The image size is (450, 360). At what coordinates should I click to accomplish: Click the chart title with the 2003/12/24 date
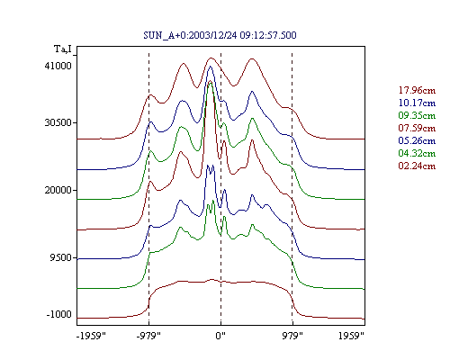coord(220,35)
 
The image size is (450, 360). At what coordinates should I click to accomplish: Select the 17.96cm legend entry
coord(417,90)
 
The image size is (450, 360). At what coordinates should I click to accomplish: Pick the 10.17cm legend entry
coord(417,103)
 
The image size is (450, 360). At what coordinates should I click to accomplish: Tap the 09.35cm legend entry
coord(417,115)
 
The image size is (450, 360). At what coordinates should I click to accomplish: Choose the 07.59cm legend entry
coord(417,128)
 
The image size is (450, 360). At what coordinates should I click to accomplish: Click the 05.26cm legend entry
coord(417,140)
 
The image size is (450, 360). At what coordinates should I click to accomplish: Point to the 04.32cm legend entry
coord(417,153)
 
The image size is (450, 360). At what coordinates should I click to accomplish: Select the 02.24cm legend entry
coord(417,166)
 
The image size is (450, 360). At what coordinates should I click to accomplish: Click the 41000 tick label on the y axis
coord(58,66)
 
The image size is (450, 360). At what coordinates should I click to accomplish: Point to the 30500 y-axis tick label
coord(58,122)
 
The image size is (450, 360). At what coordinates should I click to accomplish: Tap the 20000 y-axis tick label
coord(58,190)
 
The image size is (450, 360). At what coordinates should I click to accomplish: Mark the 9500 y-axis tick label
coord(61,257)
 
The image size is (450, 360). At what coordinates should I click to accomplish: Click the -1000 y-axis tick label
coord(59,314)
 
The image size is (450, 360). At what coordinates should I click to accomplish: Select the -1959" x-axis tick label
coord(91,336)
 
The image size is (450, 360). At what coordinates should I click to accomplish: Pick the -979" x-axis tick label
coord(148,336)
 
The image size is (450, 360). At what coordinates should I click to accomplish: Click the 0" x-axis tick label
coord(220,336)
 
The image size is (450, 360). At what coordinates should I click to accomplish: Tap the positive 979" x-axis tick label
coord(292,336)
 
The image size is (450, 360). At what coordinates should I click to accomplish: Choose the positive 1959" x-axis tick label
coord(351,336)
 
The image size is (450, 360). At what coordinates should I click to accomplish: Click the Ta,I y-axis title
coord(63,49)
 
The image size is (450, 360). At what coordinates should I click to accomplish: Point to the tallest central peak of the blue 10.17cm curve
coord(211,67)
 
